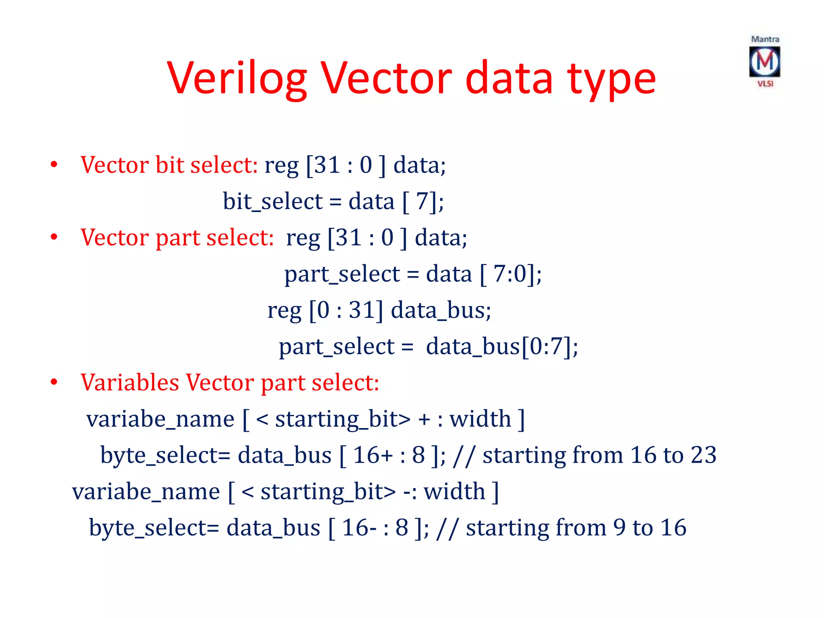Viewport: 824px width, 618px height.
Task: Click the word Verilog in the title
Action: [x=237, y=78]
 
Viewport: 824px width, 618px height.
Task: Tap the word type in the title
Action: [x=611, y=79]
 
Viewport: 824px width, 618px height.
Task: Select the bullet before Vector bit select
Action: [x=54, y=165]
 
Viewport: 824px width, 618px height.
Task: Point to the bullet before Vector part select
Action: [x=54, y=237]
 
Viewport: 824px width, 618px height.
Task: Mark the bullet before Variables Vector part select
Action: [x=54, y=382]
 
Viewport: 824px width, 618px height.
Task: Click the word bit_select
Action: [x=272, y=201]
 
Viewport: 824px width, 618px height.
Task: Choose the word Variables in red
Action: [x=130, y=382]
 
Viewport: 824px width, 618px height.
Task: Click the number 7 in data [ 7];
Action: [x=422, y=201]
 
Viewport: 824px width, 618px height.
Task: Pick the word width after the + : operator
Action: [x=480, y=419]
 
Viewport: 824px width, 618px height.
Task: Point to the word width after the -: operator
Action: [x=454, y=491]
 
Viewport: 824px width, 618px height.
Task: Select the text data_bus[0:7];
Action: [x=502, y=346]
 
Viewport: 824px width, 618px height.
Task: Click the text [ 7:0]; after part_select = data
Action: [x=511, y=274]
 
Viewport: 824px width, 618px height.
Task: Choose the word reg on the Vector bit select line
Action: [x=281, y=165]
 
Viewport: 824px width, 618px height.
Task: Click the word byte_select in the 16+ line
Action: [x=165, y=455]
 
